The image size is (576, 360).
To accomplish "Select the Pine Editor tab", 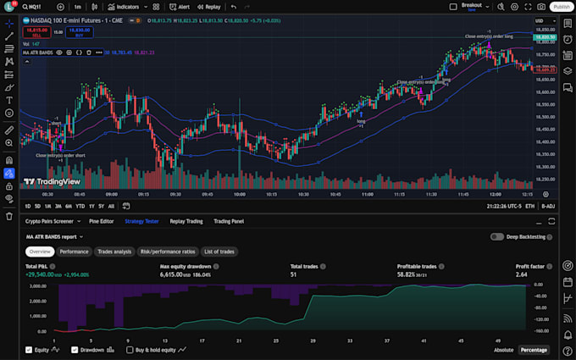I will [102, 221].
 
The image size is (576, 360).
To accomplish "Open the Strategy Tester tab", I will [141, 221].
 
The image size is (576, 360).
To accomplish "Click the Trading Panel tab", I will [229, 221].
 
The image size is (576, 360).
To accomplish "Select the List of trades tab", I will [219, 252].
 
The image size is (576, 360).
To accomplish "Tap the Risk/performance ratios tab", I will [168, 252].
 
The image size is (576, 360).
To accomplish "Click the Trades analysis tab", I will [114, 252].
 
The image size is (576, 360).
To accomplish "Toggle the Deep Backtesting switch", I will [497, 237].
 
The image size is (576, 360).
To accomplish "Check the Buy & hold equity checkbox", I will [130, 350].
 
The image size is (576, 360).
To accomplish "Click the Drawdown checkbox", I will [75, 350].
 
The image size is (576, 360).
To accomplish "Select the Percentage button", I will [533, 350].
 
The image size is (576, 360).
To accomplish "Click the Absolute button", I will [503, 350].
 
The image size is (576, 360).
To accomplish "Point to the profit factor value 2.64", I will [522, 274].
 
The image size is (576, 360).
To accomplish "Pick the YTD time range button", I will [80, 206].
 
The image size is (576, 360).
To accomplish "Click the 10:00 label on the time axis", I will [240, 194].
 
